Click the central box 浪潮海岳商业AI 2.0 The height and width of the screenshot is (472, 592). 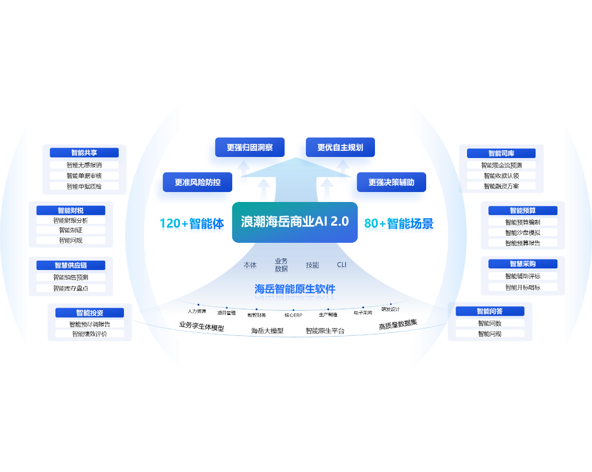(x=294, y=222)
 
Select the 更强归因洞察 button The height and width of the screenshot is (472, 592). (x=250, y=148)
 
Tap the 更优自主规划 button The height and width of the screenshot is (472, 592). (x=340, y=148)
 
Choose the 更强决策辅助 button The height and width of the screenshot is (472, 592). (x=391, y=183)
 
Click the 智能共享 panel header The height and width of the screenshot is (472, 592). (x=84, y=153)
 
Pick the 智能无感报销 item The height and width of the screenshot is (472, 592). (x=84, y=165)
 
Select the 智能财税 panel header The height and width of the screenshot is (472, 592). (x=71, y=210)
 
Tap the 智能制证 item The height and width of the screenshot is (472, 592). (x=71, y=230)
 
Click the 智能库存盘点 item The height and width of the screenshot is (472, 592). (x=71, y=288)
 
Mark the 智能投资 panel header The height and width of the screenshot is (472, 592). (x=89, y=313)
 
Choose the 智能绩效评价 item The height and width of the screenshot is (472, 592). (x=89, y=334)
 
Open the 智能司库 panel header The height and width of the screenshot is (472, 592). (x=502, y=153)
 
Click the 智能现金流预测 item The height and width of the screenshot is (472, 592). (x=502, y=165)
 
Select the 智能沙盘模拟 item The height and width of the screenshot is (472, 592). (x=523, y=232)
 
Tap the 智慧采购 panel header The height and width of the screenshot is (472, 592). (x=523, y=264)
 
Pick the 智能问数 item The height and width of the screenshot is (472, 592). (x=489, y=323)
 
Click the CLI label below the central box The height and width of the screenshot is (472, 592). (x=341, y=265)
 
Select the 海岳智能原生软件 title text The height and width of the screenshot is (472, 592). (x=295, y=289)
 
